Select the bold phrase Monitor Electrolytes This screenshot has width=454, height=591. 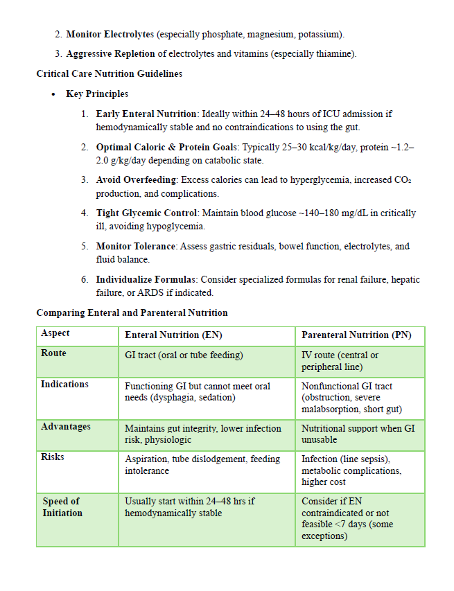(x=110, y=34)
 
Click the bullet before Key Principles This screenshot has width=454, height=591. (x=53, y=94)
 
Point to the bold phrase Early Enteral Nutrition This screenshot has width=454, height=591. (x=147, y=114)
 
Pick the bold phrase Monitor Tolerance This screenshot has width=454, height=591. (x=137, y=247)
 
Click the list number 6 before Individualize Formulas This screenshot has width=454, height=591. (x=84, y=280)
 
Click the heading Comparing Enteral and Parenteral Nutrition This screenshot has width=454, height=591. (x=132, y=313)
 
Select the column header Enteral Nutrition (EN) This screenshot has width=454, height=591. (x=173, y=335)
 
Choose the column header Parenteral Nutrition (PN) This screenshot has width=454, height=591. (x=356, y=335)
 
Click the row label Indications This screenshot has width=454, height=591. (x=64, y=384)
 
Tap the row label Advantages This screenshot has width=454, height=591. (x=65, y=427)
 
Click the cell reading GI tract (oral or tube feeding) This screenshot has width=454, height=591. (x=184, y=355)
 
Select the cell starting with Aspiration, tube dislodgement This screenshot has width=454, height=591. (x=202, y=465)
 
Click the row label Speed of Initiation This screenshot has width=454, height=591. (x=62, y=507)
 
